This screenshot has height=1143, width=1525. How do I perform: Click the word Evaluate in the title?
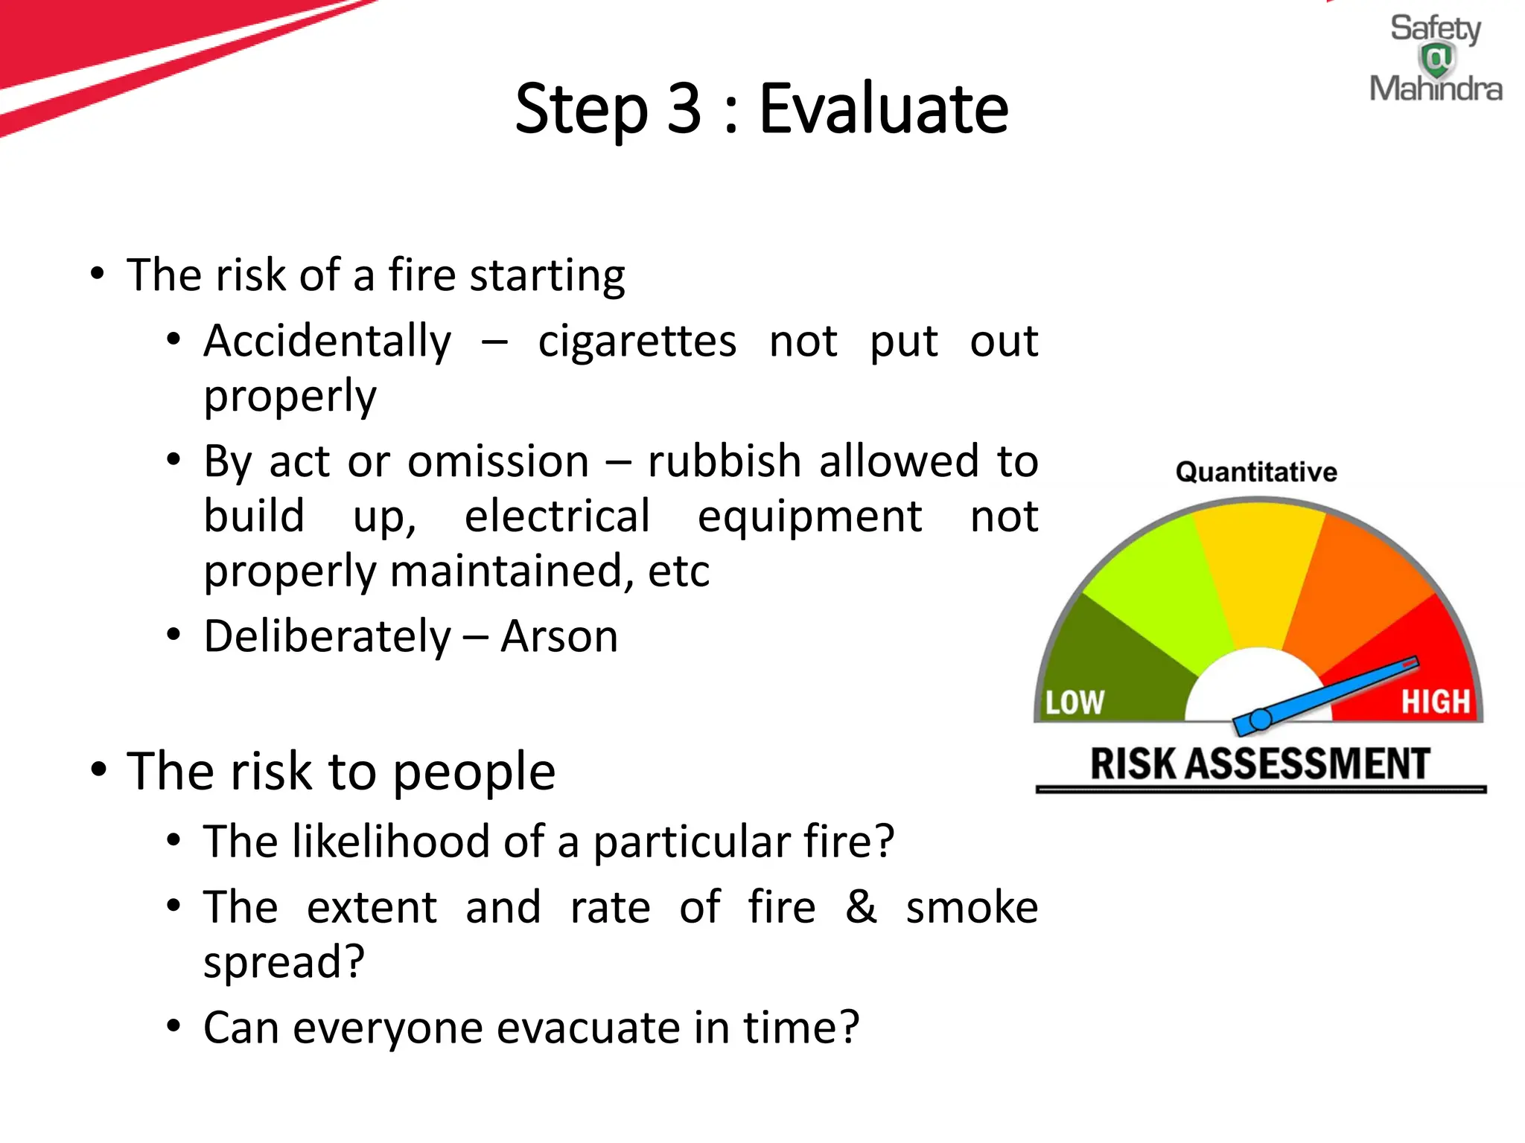883,109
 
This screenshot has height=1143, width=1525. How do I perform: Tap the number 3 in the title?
684,109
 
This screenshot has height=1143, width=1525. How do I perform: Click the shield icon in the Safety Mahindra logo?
1437,59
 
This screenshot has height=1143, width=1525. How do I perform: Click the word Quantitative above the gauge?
1256,472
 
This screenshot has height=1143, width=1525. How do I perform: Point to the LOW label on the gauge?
1074,702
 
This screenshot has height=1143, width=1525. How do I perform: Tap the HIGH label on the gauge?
1436,701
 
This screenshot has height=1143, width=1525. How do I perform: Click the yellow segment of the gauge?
1258,573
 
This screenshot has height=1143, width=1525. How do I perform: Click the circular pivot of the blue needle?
1260,720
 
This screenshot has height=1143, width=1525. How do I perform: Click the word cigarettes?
637,342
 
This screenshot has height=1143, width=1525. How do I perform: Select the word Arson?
559,637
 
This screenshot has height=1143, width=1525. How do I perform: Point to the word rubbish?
724,461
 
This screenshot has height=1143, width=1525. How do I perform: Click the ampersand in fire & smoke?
861,907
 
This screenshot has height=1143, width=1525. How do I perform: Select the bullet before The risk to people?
98,769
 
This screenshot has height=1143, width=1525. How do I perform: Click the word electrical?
557,516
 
